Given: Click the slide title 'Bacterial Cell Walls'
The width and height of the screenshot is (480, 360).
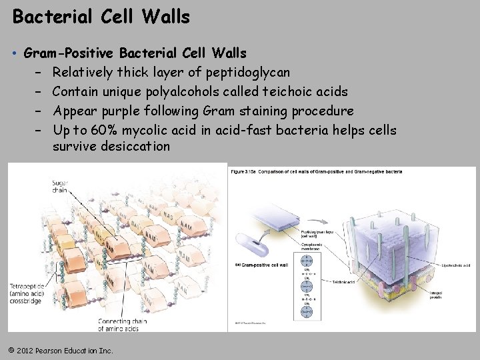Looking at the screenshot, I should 101,17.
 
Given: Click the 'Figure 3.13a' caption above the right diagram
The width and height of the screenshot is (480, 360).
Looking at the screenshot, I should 316,172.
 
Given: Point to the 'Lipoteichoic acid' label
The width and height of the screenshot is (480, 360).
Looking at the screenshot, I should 456,265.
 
